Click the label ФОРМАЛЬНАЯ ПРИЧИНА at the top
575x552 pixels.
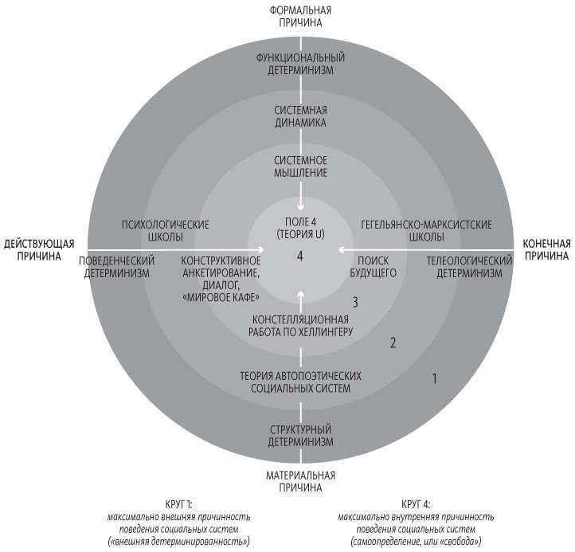click(300, 16)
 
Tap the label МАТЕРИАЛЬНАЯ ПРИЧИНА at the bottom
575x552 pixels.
click(300, 481)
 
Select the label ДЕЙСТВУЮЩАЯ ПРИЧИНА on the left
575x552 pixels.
click(39, 249)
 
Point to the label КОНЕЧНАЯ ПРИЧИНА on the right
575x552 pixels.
click(546, 249)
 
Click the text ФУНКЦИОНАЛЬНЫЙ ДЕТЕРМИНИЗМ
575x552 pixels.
click(300, 64)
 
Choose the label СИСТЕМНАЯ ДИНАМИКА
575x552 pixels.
click(300, 116)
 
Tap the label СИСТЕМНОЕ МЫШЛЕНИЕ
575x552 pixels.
click(300, 166)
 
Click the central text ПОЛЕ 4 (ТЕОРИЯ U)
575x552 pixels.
click(300, 229)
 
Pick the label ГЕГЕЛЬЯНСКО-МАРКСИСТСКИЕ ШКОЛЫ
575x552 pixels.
click(437, 230)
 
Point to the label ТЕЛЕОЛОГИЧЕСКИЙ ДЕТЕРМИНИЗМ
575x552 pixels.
click(468, 267)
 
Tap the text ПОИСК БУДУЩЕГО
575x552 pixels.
click(377, 267)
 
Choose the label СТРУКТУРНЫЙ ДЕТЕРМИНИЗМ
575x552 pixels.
click(300, 435)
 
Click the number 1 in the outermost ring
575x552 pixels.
click(434, 378)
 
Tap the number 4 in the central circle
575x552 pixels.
click(300, 256)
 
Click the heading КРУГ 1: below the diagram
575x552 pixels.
click(180, 503)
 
